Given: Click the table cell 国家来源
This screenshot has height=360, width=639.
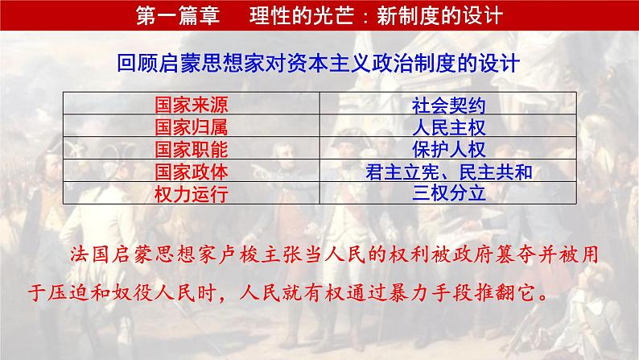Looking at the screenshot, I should point(191,105).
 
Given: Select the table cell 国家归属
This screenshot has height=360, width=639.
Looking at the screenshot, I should point(191,126).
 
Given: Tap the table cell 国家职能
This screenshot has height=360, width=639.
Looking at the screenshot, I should point(191,149).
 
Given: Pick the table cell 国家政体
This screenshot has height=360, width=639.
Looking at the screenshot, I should point(191,172).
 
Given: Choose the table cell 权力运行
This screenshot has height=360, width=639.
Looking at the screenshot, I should point(191,193).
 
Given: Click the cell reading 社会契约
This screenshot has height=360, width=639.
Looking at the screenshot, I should point(448,105).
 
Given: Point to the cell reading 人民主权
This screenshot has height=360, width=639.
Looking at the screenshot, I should point(448,126).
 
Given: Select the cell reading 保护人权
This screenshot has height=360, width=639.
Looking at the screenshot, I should point(448,149).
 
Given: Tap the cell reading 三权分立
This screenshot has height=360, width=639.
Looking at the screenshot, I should point(448,193).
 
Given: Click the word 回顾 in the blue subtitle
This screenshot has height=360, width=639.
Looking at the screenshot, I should point(132,63).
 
